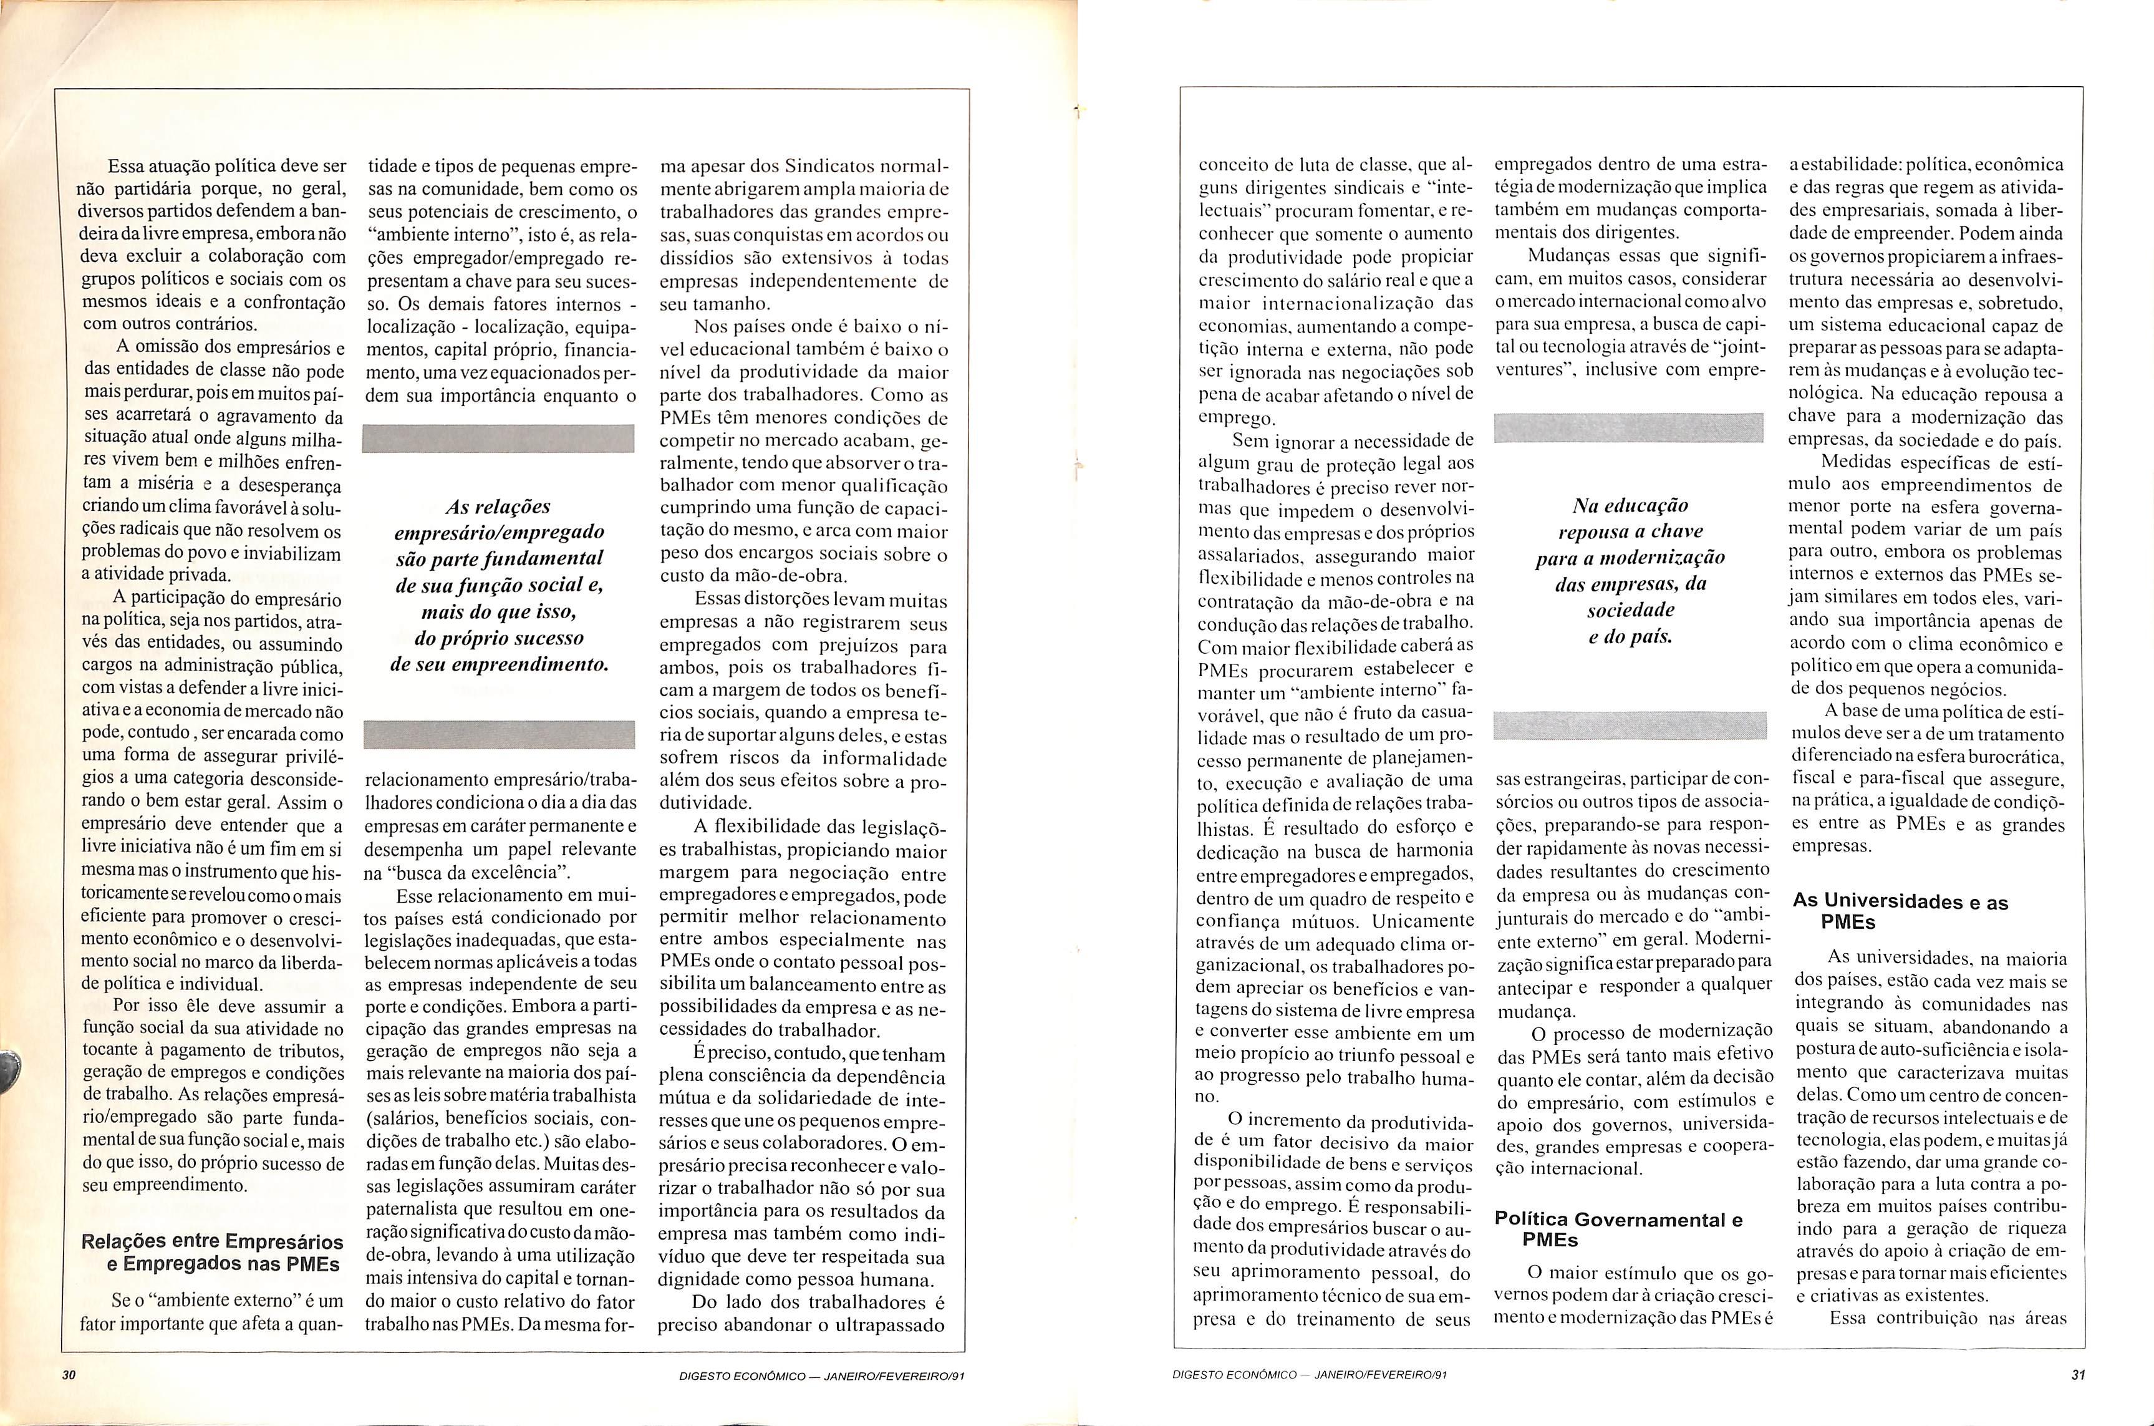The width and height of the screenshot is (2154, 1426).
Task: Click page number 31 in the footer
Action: pyautogui.click(x=2077, y=1375)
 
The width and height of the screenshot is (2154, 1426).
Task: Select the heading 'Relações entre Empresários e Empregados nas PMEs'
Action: pyautogui.click(x=212, y=1253)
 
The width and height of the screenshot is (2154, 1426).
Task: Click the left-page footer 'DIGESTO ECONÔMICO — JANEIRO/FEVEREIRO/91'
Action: pyautogui.click(x=821, y=1376)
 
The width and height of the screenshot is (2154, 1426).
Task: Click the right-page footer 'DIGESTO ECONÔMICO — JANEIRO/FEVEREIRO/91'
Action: pyautogui.click(x=1310, y=1375)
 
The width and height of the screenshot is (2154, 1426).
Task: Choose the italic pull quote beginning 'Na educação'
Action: pyautogui.click(x=1630, y=570)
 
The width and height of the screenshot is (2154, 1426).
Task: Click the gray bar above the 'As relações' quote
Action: pyautogui.click(x=498, y=437)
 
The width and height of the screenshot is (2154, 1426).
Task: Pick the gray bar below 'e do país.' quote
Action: pyautogui.click(x=1630, y=725)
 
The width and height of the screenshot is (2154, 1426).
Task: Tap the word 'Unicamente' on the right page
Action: pyautogui.click(x=1423, y=920)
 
